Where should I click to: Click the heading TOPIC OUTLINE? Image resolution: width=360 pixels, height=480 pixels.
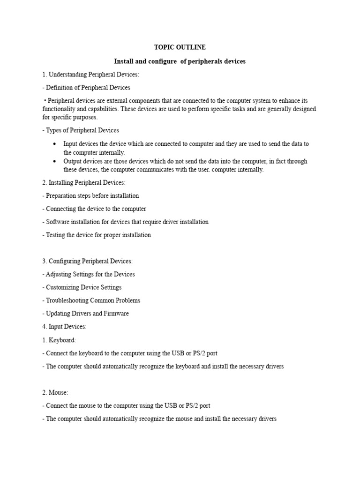180,47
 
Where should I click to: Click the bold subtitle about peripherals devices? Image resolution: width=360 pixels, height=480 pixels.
180,61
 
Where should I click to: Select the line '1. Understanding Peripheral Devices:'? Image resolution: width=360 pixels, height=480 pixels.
90,75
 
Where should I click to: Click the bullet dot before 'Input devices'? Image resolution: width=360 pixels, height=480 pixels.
55,144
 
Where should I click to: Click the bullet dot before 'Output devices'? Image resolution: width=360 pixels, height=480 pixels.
55,161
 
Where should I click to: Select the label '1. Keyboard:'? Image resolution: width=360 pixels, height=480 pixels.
59,340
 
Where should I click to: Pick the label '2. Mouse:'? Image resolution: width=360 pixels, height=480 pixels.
55,392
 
